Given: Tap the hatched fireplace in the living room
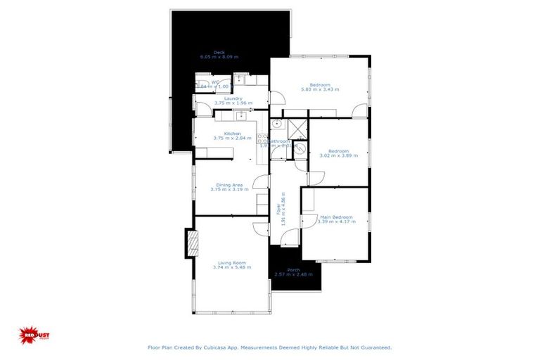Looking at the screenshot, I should [192, 244].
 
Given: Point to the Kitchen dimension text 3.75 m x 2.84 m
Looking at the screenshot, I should [232, 138].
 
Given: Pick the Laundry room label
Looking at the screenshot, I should [233, 98].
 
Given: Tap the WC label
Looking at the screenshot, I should [215, 82].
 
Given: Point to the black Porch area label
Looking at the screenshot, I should [294, 269].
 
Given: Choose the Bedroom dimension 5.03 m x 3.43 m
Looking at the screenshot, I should [320, 90].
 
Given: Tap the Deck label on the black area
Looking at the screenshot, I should [219, 51].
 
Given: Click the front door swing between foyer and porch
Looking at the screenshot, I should [289, 239].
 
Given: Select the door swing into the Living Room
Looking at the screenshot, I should [260, 228].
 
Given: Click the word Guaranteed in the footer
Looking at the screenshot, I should [375, 347].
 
